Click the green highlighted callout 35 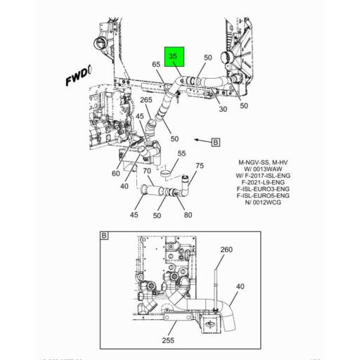(x=174, y=56)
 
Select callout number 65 (x=156, y=65)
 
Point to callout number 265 (x=146, y=99)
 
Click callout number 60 (x=115, y=173)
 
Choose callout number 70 (x=147, y=171)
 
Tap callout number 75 (x=199, y=166)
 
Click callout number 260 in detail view (x=226, y=250)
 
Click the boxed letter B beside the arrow (x=214, y=141)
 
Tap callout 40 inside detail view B (x=240, y=286)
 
